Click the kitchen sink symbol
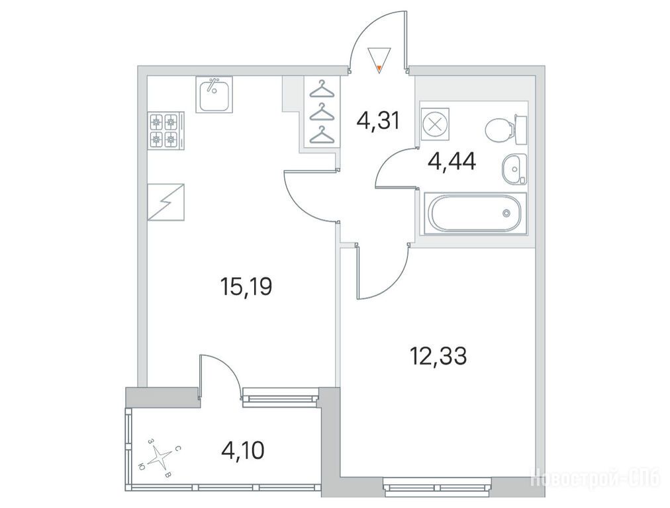(x=214, y=95)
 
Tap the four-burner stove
(x=166, y=130)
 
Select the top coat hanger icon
(x=320, y=89)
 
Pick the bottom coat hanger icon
(x=320, y=136)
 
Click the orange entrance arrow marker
(x=379, y=67)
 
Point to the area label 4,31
(x=378, y=121)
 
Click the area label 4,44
(x=452, y=161)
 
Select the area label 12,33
(x=438, y=356)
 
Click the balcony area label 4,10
(x=243, y=450)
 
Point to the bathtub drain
(x=506, y=212)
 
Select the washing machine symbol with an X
(x=435, y=124)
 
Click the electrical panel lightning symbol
(x=166, y=202)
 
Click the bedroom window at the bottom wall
(x=437, y=487)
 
